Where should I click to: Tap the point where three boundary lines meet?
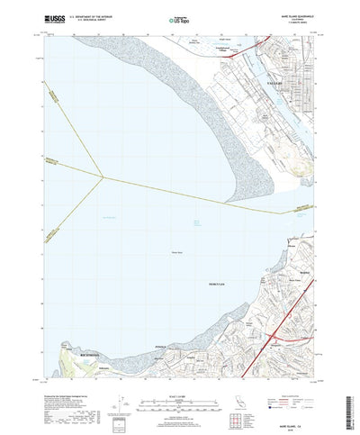[106, 177]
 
